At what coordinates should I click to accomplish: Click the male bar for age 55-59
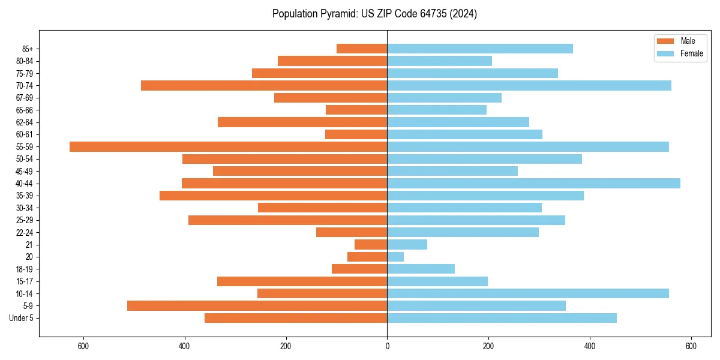click(x=228, y=146)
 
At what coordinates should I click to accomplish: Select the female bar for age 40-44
click(x=533, y=183)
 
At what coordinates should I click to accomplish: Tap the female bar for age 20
click(x=395, y=257)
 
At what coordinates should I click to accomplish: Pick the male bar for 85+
click(x=362, y=49)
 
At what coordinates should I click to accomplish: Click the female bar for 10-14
click(x=528, y=293)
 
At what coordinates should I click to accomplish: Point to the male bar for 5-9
click(x=257, y=306)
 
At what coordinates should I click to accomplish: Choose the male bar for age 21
click(x=371, y=244)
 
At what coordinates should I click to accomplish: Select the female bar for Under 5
click(x=502, y=318)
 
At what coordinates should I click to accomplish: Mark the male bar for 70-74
click(x=264, y=85)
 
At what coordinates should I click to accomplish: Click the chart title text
click(x=374, y=14)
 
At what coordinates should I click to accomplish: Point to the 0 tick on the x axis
click(x=387, y=346)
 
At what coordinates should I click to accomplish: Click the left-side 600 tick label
click(x=83, y=346)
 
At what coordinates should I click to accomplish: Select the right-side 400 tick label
click(x=590, y=346)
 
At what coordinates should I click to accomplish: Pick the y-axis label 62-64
click(x=24, y=122)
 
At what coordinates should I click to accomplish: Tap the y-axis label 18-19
click(x=24, y=269)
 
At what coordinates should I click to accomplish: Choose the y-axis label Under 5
click(x=22, y=318)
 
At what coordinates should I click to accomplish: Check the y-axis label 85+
click(x=28, y=49)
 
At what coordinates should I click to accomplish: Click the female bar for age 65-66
click(x=437, y=110)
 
